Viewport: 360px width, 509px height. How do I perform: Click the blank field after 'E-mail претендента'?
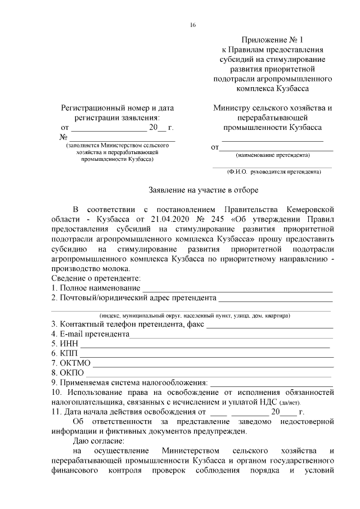[x=231, y=334]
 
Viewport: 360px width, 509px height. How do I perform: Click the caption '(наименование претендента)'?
[x=273, y=155]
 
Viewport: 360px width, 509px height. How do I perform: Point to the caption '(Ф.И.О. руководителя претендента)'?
[x=273, y=171]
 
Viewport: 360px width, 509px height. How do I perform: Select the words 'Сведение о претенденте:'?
[x=96, y=279]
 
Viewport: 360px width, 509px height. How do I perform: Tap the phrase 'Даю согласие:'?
[x=102, y=442]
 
